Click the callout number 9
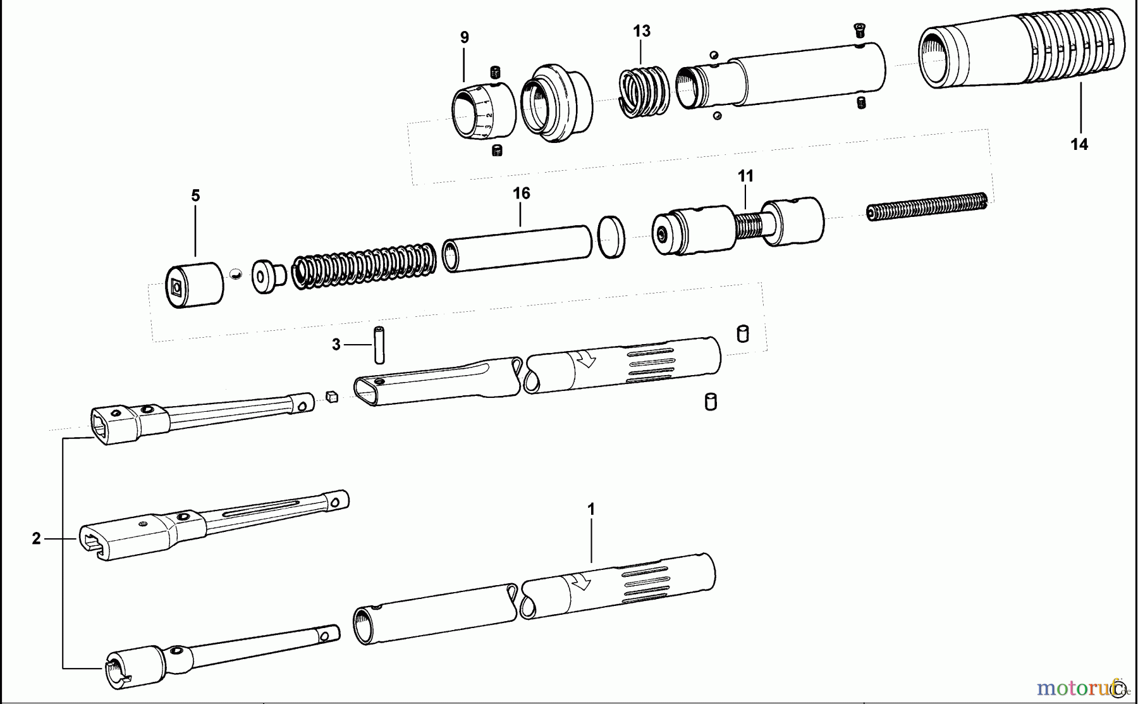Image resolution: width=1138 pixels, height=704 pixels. click(x=465, y=37)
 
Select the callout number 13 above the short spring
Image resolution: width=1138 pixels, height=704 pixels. click(x=641, y=31)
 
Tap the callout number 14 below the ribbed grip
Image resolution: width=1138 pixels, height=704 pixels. click(x=1079, y=145)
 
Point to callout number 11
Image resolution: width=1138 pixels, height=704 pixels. click(x=745, y=176)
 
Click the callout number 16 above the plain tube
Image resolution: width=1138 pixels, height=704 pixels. click(x=521, y=194)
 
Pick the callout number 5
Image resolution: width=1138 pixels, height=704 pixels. click(x=195, y=196)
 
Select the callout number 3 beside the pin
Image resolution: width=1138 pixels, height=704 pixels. click(x=336, y=345)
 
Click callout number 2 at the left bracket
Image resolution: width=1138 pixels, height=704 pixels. click(x=36, y=539)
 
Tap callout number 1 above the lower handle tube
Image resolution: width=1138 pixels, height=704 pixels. click(x=591, y=509)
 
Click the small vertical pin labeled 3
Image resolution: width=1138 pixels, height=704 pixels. click(x=379, y=345)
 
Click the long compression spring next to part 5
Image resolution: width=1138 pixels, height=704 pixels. click(x=364, y=266)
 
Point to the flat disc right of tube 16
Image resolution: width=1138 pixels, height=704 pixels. click(x=611, y=237)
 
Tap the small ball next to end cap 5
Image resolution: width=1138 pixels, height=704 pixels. click(x=236, y=274)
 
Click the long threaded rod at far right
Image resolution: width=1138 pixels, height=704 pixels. click(x=927, y=207)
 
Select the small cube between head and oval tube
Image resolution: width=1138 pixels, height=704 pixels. click(x=332, y=397)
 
